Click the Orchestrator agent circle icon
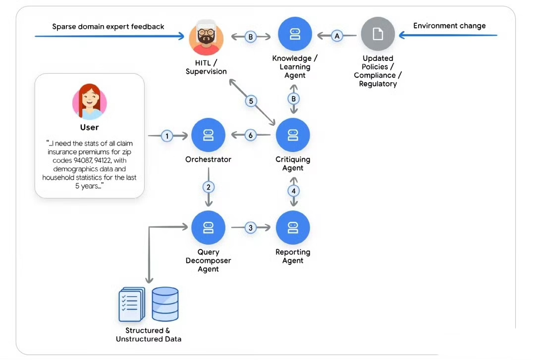(209, 135)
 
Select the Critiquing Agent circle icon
(293, 135)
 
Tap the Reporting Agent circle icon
(293, 227)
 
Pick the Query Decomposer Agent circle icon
(209, 227)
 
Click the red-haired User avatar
(90, 102)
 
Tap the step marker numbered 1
(167, 136)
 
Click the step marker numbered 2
(209, 187)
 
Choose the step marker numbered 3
(251, 228)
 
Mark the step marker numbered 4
(293, 191)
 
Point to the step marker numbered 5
(251, 101)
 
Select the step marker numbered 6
(251, 135)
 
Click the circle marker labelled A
(337, 36)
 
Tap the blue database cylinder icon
(165, 304)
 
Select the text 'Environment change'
(449, 26)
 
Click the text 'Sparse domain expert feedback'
(108, 26)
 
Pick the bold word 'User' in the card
(90, 127)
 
